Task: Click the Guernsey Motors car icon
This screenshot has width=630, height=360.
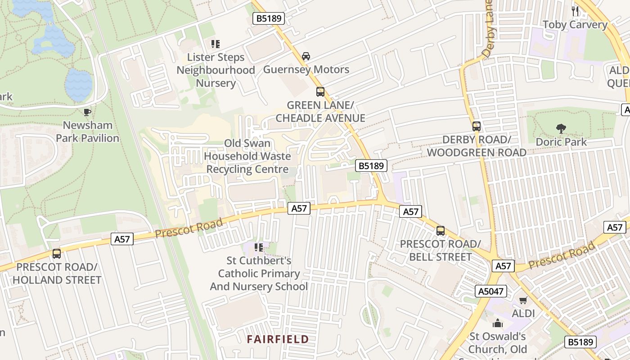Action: click(306, 56)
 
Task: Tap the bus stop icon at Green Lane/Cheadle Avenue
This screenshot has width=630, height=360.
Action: click(320, 92)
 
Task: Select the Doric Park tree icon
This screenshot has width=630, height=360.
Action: click(561, 129)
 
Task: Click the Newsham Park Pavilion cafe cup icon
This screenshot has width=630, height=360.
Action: click(87, 112)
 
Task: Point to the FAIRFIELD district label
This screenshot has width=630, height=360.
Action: click(278, 339)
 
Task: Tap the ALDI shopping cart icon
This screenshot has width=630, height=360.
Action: click(523, 300)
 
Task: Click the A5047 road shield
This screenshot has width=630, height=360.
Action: click(490, 291)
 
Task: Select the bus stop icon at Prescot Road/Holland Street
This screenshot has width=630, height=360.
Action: click(56, 254)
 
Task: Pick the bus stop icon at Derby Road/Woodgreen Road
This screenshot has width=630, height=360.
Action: click(477, 126)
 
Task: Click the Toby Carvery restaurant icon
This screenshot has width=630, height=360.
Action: click(575, 11)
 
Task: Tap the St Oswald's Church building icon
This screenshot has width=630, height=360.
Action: click(497, 323)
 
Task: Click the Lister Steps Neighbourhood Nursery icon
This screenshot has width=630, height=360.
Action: click(216, 44)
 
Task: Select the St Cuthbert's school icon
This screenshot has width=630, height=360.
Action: click(258, 247)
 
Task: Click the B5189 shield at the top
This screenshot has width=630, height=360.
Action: click(269, 18)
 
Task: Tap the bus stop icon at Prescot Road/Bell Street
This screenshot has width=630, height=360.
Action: click(440, 231)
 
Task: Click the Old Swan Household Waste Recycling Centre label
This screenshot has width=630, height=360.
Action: click(247, 156)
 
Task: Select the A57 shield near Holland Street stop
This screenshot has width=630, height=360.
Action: click(122, 239)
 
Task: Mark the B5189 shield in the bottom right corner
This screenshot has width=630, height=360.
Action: click(580, 342)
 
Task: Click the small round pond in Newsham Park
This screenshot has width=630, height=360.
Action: click(78, 85)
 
